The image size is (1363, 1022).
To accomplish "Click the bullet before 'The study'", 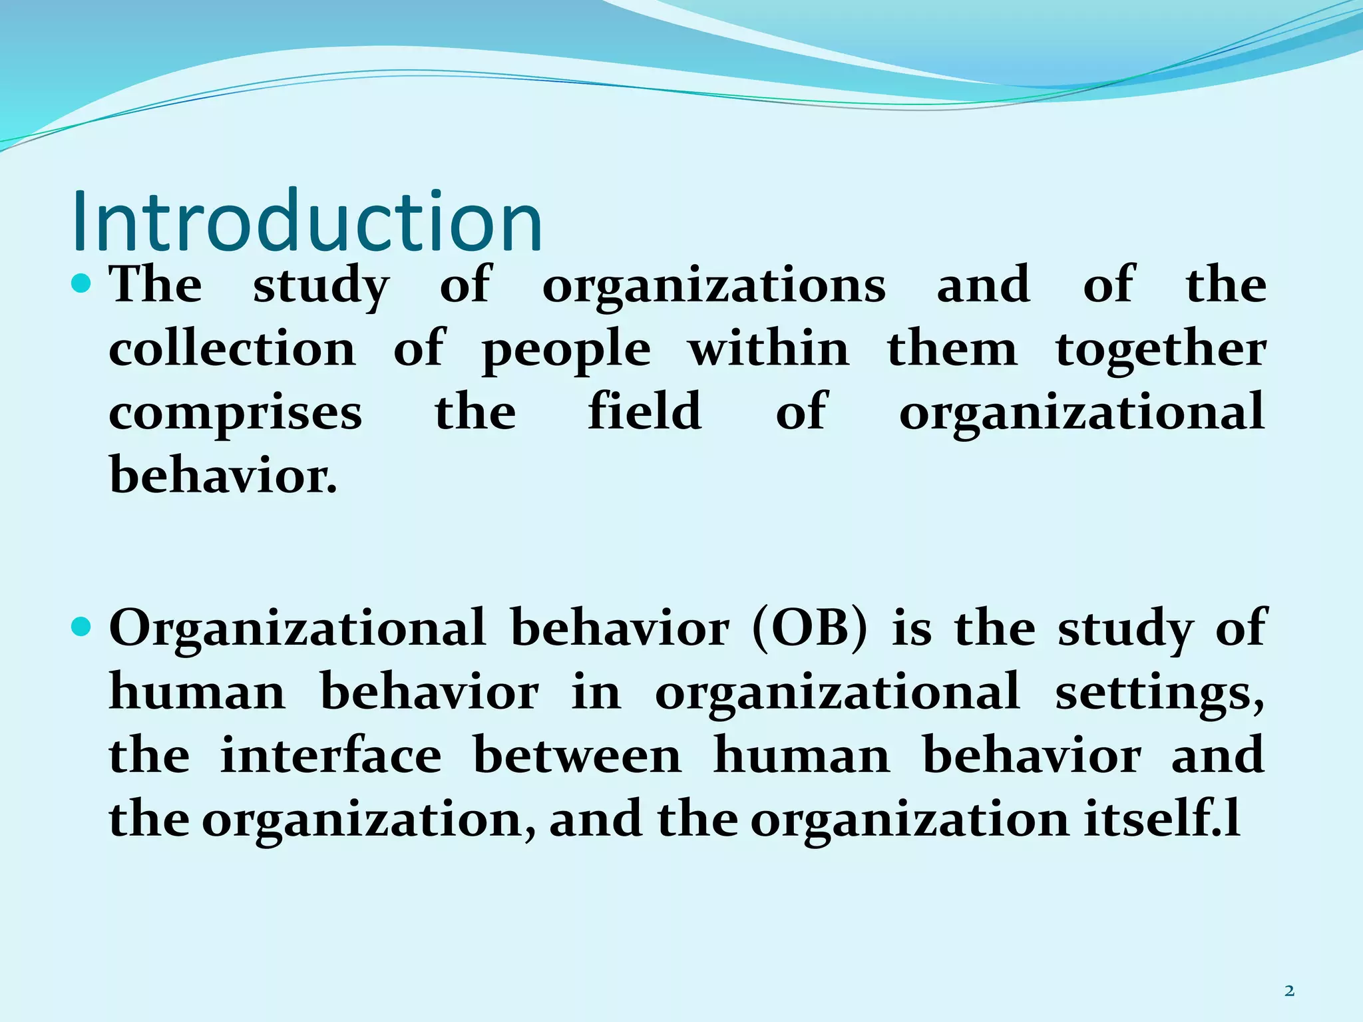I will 82,285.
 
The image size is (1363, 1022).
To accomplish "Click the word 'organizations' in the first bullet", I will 713,286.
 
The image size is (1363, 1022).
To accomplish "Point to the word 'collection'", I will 232,349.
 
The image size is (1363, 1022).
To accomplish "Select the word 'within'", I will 769,349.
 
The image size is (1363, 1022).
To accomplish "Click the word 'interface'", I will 331,756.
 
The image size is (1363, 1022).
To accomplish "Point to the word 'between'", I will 577,756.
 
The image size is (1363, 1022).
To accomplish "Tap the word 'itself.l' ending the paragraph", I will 1161,820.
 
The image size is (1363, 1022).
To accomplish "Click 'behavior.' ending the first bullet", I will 224,475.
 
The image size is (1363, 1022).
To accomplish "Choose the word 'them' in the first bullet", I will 952,349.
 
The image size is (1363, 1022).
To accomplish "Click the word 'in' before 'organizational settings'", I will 596,692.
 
